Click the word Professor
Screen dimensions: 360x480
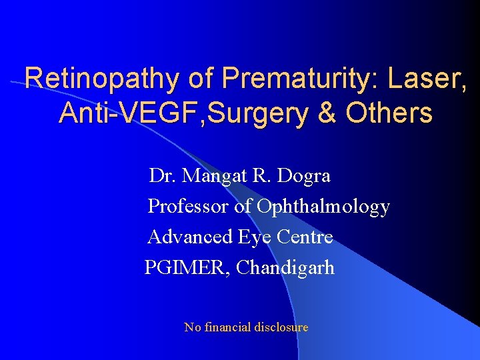pos(188,207)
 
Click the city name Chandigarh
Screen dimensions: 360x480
pos(285,268)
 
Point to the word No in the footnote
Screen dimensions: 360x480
pos(191,327)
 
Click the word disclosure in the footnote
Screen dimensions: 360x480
pos(281,327)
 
